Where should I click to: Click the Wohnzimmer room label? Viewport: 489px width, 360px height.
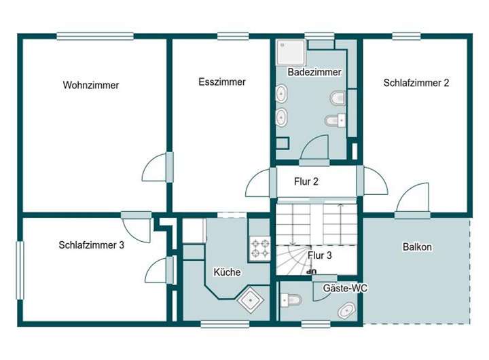91,85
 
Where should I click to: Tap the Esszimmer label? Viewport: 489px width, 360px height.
222,82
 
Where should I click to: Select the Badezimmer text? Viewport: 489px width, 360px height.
314,72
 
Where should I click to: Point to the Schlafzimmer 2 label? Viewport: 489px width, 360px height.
416,83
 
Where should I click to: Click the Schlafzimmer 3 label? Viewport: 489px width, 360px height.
92,245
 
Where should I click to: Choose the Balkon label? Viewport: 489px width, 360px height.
417,247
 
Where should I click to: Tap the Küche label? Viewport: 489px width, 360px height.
227,272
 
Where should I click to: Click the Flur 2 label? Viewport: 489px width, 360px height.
306,181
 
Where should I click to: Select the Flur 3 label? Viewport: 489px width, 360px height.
320,255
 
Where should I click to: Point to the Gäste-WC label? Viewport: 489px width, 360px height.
345,288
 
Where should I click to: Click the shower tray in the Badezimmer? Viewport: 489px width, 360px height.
291,52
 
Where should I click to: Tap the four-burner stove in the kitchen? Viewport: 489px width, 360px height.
260,249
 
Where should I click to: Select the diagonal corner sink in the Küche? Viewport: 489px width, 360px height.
251,300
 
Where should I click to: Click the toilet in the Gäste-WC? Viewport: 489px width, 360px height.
291,300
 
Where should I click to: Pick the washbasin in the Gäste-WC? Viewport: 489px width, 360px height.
346,310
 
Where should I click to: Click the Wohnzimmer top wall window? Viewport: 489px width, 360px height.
95,36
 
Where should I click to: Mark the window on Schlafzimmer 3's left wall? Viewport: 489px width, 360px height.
20,270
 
